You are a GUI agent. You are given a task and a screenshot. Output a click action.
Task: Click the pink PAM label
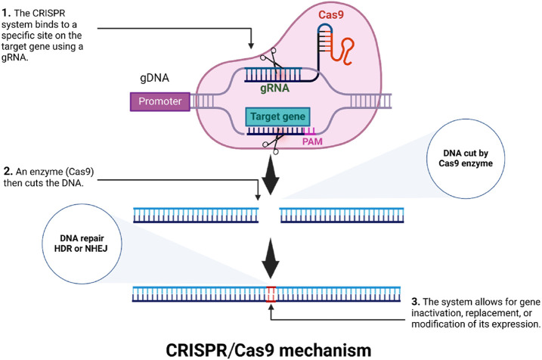click(332, 140)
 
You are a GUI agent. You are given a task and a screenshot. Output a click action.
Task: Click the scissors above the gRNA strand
click(265, 61)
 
